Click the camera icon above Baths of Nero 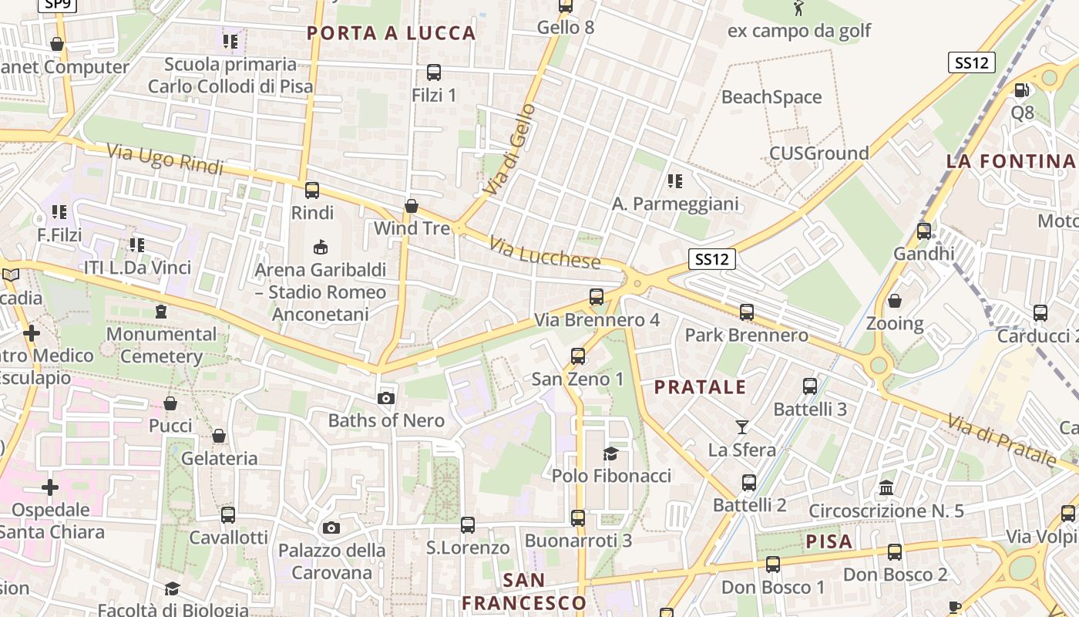386,398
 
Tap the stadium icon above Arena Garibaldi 320,247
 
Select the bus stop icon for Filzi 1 433,72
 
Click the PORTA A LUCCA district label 392,33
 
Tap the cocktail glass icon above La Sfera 742,427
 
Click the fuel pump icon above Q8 1022,90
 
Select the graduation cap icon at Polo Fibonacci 611,453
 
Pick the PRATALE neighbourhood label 701,387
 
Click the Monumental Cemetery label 161,345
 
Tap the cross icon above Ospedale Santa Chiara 50,487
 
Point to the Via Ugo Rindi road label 165,160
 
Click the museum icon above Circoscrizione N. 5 886,488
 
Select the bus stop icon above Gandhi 923,231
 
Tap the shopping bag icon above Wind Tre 412,206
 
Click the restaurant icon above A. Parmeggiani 675,181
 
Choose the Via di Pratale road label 1001,441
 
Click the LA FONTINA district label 1010,161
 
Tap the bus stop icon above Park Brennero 746,312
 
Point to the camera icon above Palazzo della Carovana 331,528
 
